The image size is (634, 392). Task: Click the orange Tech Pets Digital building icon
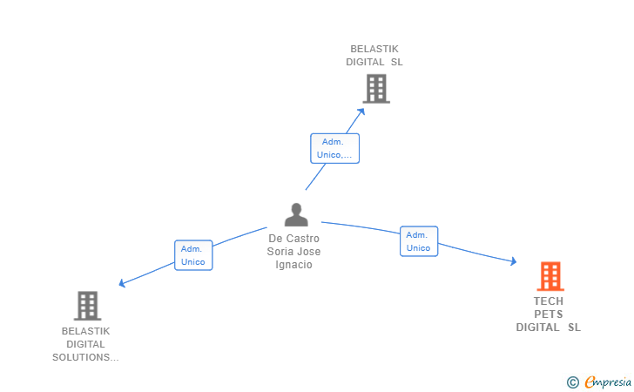tap(550, 276)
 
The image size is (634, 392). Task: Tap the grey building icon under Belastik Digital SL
tap(375, 88)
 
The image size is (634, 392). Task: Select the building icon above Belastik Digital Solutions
tap(87, 305)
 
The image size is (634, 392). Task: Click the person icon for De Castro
tap(296, 214)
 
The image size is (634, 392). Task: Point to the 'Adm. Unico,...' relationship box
tap(334, 148)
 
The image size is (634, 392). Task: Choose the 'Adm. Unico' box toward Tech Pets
tap(418, 241)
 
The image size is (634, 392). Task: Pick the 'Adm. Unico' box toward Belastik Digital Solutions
tap(192, 255)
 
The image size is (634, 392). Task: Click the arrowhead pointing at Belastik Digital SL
tap(361, 111)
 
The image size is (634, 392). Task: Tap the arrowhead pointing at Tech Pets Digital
tap(513, 261)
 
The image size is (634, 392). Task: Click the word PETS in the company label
tap(549, 314)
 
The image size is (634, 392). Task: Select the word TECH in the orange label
tap(549, 301)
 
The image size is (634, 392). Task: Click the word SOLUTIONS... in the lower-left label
tap(85, 357)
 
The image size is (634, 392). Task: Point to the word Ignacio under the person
tap(293, 265)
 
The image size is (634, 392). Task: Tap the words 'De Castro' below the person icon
tap(293, 239)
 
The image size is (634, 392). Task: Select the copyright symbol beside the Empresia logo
tap(572, 382)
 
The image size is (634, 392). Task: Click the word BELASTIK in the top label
tap(374, 49)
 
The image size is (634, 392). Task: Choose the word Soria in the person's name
tap(284, 252)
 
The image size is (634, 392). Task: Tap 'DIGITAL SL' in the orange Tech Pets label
tap(549, 328)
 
